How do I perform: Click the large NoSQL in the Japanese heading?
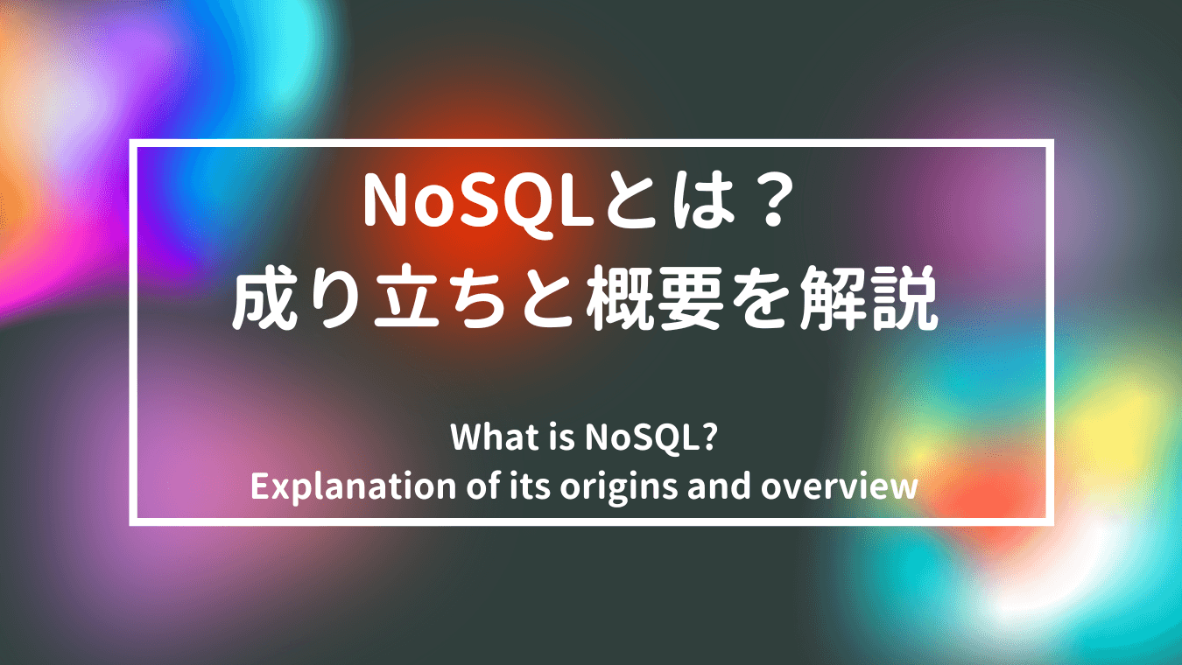479,203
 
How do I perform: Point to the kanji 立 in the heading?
406,298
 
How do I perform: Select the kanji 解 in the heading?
832,298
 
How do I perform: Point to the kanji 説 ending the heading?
904,298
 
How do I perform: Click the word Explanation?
353,486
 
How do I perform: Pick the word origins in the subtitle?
618,487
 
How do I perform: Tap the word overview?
839,486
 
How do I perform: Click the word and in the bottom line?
719,486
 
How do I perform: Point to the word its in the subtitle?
529,486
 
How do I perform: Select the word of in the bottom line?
482,486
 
